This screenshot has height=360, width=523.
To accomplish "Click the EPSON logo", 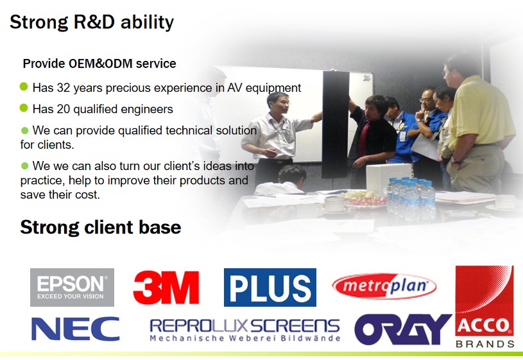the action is point(72,287).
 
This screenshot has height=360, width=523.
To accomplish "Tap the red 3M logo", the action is point(166,287).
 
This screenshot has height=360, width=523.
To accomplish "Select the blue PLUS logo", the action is point(270,287).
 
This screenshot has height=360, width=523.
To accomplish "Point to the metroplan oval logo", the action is point(384,286).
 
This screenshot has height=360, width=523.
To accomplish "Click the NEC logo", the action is point(75,329).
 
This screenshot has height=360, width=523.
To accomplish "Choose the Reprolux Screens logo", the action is point(245,330).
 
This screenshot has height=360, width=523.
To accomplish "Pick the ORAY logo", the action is point(403,329).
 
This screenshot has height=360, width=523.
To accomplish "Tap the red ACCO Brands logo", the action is point(484,306).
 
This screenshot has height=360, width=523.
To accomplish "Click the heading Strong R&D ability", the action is point(92,22).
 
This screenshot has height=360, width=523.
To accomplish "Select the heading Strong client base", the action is point(100,227).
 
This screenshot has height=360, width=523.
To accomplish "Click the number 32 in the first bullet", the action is point(63,88).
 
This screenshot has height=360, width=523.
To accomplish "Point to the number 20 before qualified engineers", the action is point(63,109).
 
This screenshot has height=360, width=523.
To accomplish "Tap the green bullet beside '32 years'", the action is point(24,87).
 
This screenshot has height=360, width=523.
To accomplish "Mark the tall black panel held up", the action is point(335,124).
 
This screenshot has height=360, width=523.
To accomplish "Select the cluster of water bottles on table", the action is point(411,198).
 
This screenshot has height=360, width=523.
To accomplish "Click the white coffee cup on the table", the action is point(334,204).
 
